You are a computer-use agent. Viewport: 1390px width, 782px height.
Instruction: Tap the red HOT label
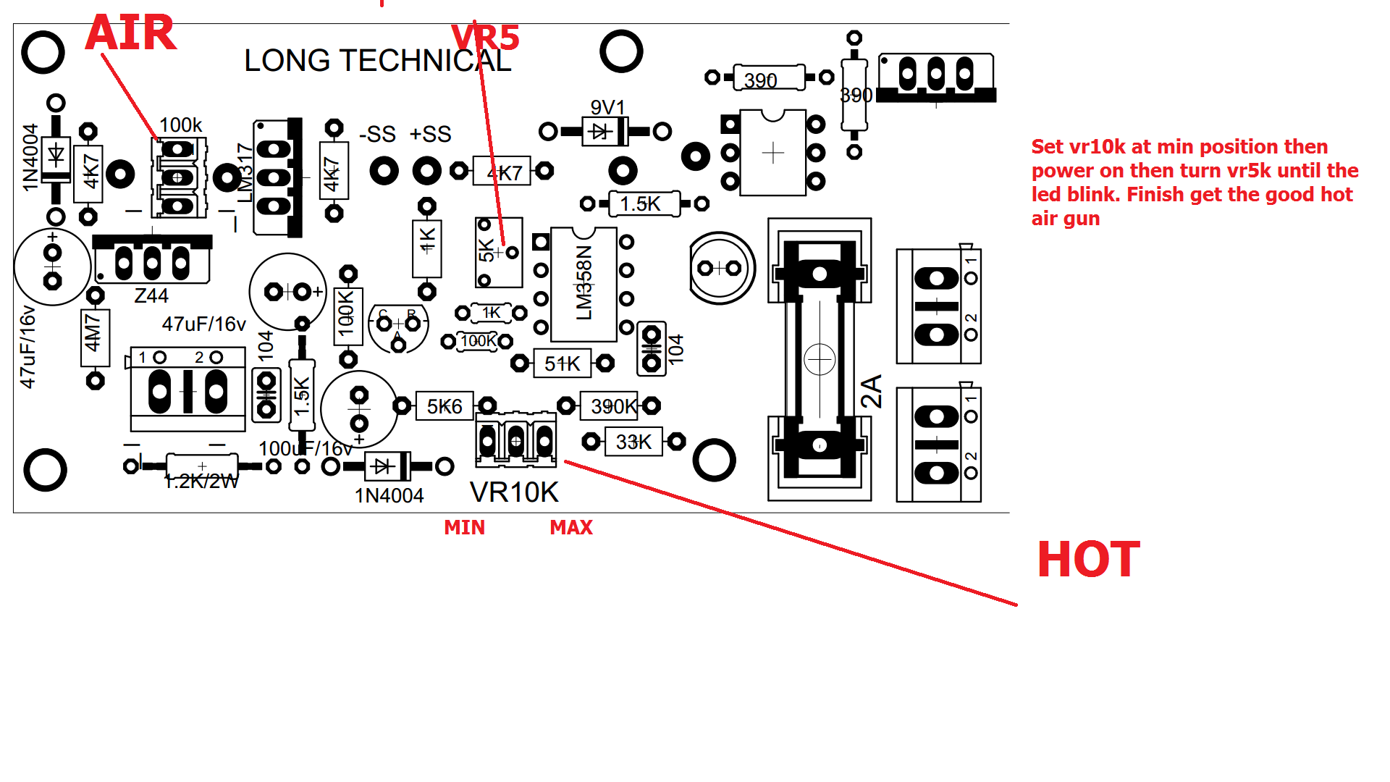coord(1088,560)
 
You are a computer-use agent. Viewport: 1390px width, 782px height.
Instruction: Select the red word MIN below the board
coord(464,528)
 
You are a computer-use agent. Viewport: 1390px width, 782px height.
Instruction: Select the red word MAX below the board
coord(571,528)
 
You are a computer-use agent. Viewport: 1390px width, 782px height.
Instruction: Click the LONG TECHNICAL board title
coord(377,61)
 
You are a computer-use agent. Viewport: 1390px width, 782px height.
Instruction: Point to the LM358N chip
coord(584,284)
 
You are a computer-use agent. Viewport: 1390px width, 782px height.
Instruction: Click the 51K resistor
coord(562,363)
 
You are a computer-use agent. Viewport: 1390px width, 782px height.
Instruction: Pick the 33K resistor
coord(633,442)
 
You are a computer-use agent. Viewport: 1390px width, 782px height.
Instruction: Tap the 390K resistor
coord(613,406)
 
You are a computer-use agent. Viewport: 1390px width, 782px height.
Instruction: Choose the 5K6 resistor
coord(444,407)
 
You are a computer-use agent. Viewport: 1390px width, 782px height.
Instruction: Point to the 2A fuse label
coord(872,391)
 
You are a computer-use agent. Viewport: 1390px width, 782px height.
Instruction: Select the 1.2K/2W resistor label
coord(201,482)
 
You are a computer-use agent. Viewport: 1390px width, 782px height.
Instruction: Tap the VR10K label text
coord(514,493)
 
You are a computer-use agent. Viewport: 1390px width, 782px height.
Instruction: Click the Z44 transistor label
coord(151,296)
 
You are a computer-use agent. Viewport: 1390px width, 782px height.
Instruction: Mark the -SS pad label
coord(377,135)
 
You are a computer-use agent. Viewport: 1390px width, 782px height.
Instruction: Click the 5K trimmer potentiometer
coord(499,252)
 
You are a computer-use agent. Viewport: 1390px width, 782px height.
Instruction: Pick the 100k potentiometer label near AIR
coord(180,125)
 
